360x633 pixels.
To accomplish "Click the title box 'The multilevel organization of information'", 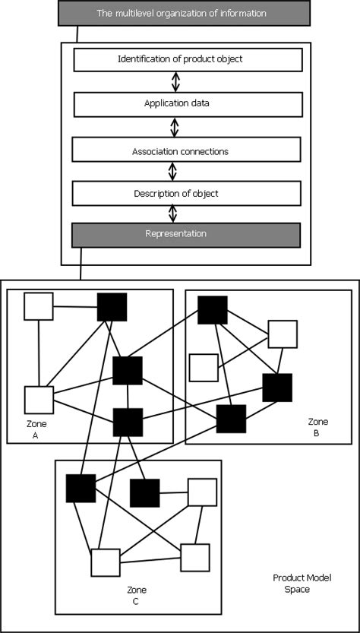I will click(x=185, y=13).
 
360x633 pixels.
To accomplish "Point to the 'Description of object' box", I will click(x=187, y=193).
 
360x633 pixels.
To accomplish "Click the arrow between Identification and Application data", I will click(x=175, y=81).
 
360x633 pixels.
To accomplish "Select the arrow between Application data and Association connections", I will click(x=175, y=127).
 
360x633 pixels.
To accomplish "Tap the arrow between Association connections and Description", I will click(x=172, y=171).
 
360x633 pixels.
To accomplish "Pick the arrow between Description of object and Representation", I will click(x=172, y=214).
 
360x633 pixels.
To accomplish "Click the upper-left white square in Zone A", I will click(x=38, y=306).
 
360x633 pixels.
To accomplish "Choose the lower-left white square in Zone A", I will click(x=39, y=400).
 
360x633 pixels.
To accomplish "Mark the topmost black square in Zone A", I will click(x=112, y=307).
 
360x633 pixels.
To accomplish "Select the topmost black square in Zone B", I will click(x=212, y=310).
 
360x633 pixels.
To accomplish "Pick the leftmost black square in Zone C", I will click(x=81, y=489).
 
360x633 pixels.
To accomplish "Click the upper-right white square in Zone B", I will click(x=283, y=334).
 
